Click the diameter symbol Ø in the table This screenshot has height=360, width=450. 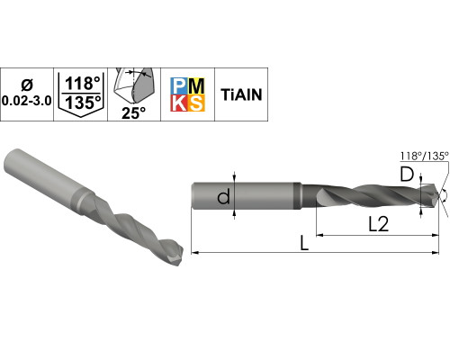[x=27, y=85]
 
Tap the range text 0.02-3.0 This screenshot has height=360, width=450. [x=27, y=101]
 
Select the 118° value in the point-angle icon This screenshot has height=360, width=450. [x=83, y=84]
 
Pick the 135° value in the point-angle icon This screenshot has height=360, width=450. [x=83, y=103]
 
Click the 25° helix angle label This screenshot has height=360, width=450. [x=133, y=113]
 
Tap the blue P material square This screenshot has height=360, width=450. [x=179, y=86]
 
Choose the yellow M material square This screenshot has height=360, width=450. [x=196, y=86]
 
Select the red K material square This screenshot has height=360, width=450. [x=179, y=103]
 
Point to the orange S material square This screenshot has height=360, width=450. [x=196, y=103]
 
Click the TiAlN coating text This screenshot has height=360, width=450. [x=241, y=94]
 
